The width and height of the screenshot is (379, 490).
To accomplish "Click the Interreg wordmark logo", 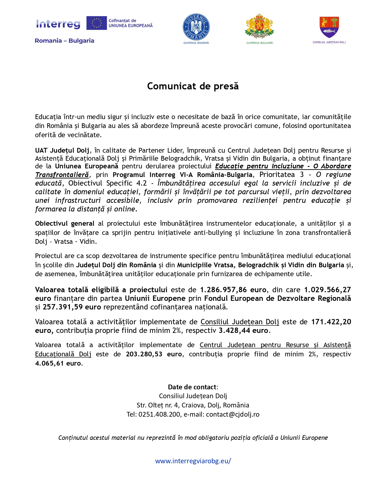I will coord(58,24).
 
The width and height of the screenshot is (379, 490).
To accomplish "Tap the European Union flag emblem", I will coord(96,23).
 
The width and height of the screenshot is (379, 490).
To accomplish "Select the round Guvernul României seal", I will coord(196,27).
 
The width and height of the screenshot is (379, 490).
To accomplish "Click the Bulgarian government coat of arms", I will coord(260,26).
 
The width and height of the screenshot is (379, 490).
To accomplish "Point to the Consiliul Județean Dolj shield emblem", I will coord(329,26).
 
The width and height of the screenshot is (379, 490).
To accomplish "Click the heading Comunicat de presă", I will coord(193,86).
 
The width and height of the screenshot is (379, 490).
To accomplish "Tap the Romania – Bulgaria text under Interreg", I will coord(65,41).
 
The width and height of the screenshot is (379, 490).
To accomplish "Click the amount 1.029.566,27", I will coord(327,290).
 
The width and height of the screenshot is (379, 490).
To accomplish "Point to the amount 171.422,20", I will coord(331,322).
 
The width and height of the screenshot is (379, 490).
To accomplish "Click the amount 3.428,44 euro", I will coord(244,331).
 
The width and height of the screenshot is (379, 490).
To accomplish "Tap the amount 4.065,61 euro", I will coord(58,363).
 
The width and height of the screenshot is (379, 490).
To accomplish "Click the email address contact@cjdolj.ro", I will coord(232,414).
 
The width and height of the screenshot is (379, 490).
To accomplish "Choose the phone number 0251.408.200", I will coord(159,414).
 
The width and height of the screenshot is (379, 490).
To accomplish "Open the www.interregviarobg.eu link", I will coord(193,461).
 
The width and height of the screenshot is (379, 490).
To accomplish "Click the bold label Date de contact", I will coord(192,387).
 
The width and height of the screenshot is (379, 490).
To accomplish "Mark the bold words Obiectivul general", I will coord(65,223).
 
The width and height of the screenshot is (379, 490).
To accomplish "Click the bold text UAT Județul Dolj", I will coord(62,150).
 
